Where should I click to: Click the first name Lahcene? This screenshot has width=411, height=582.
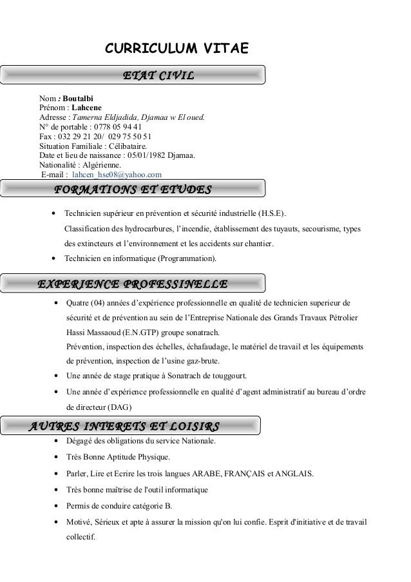click(x=86, y=107)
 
